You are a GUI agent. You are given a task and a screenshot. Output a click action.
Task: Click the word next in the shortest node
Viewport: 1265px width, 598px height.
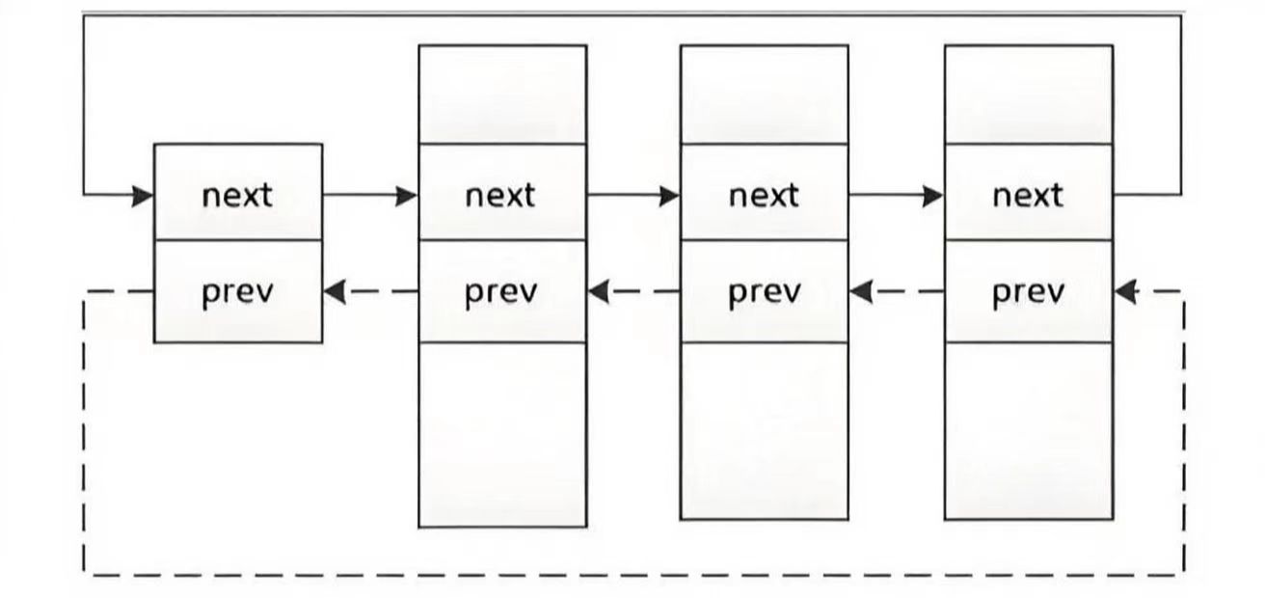[237, 196]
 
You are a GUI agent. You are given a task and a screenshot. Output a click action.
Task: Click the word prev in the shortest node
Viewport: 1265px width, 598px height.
[237, 292]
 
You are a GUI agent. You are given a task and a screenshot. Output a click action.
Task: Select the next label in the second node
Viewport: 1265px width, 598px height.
[500, 196]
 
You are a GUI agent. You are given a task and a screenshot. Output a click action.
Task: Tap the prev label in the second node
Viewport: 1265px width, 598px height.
[501, 292]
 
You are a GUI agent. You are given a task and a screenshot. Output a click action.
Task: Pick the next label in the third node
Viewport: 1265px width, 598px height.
[764, 196]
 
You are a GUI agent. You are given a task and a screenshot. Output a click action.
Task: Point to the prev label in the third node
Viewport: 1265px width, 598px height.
[765, 292]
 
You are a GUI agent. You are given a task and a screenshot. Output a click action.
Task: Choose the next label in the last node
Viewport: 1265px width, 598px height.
[1028, 196]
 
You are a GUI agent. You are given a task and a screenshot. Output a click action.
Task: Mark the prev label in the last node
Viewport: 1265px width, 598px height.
[1029, 292]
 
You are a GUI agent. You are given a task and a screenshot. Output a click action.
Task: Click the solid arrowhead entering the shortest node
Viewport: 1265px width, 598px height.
[143, 196]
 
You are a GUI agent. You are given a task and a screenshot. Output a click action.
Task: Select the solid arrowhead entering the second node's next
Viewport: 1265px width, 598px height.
[407, 196]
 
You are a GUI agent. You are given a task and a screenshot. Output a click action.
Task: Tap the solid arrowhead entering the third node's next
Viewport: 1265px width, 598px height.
[670, 196]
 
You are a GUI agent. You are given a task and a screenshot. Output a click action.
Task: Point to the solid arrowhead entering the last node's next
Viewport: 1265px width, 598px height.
[933, 196]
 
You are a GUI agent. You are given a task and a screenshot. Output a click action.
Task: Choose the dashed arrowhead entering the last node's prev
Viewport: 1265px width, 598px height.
[1125, 292]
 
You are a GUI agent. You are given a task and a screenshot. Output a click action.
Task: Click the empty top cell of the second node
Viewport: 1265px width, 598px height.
[502, 95]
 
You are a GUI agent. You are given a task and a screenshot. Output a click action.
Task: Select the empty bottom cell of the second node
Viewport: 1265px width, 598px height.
[502, 435]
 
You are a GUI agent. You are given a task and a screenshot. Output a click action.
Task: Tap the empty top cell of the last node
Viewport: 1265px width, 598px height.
[1029, 95]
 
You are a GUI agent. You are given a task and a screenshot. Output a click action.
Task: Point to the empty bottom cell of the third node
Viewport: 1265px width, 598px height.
[764, 431]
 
